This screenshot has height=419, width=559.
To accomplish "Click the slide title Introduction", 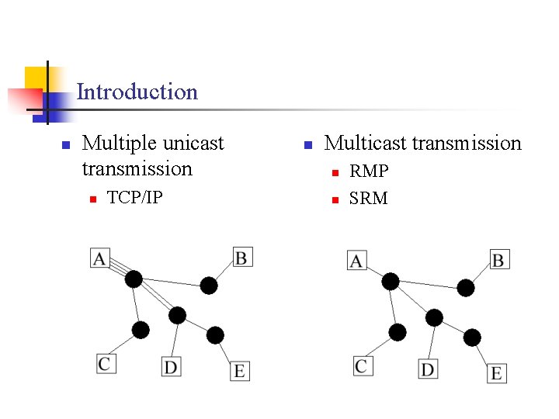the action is [x=137, y=92].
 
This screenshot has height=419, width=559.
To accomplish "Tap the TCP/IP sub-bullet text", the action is [x=134, y=198].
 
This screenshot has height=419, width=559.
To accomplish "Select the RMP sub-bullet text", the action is [x=369, y=171].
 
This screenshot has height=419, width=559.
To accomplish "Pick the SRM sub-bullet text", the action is [x=369, y=199].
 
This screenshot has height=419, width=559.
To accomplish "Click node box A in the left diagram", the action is [x=99, y=258].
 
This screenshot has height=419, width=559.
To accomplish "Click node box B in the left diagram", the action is [x=242, y=257].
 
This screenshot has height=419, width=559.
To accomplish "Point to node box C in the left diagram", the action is [x=106, y=362].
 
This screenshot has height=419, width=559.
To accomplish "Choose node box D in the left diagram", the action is [x=171, y=366].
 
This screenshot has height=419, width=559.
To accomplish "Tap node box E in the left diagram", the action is [x=239, y=371].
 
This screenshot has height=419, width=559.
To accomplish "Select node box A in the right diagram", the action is [x=356, y=261].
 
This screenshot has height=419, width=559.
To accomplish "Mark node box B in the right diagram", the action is [x=498, y=259].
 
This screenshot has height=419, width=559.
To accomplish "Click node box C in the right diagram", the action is [x=362, y=365].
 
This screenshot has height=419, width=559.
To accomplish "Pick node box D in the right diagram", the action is [x=427, y=369].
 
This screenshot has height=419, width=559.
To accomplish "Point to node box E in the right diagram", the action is [x=496, y=373].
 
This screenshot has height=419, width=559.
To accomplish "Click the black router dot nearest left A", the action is [x=134, y=279].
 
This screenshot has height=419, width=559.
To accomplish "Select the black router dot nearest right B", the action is [x=465, y=288].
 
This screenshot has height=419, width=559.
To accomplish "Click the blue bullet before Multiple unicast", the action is [x=66, y=145].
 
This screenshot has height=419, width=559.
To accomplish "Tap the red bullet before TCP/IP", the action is [x=91, y=199].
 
